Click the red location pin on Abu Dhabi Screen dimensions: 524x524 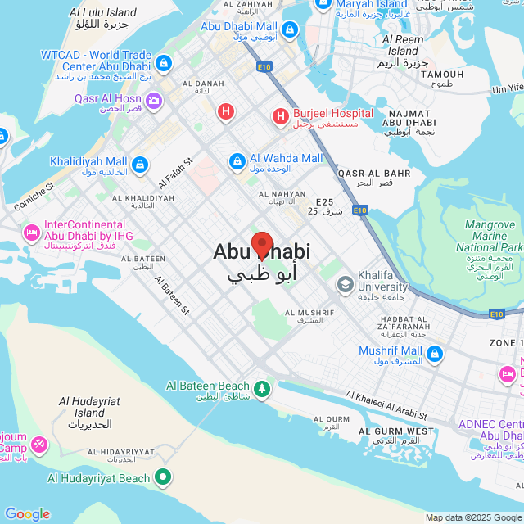pos(261,245)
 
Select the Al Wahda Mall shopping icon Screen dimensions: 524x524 pos(237,160)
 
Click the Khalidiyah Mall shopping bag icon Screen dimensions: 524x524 pos(141,165)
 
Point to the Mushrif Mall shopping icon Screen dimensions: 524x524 pos(434,355)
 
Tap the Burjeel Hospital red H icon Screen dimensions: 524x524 pos(281,117)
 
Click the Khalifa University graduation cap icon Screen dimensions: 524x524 pos(345,284)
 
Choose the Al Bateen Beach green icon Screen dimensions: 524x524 pos(262,387)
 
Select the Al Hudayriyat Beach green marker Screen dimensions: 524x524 pos(164,476)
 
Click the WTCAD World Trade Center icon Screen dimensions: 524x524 pos(163,62)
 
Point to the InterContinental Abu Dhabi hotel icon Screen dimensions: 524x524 pos(32,233)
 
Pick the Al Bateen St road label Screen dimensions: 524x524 pos(172,296)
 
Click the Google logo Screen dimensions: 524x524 pos(27,513)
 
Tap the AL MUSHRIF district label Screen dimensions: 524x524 pos(309,313)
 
